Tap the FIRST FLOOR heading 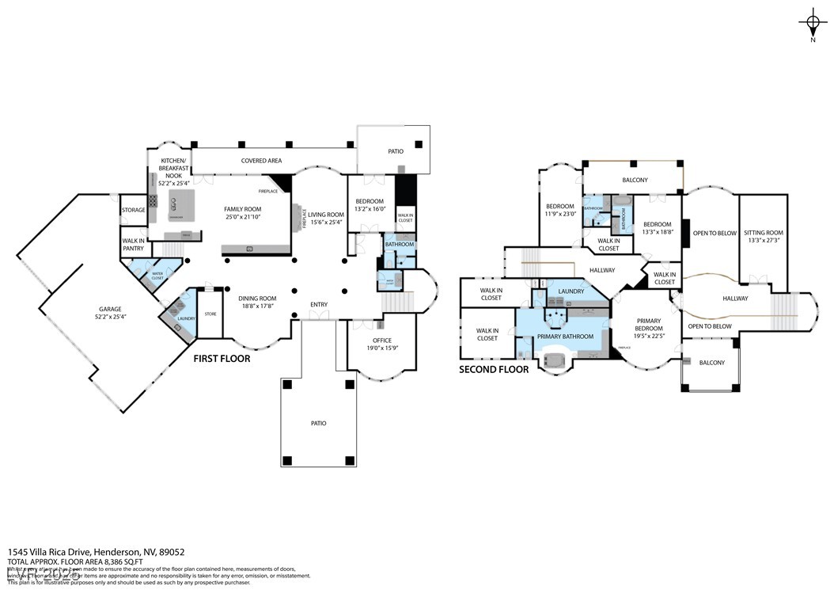coord(222,359)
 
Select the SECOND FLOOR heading coord(494,370)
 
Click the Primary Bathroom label coord(565,337)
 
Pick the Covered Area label coord(261,161)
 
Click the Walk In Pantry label coord(133,245)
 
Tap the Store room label coord(210,314)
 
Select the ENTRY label coord(318,304)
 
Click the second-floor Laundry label coord(571,291)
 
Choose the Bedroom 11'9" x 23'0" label coord(559,210)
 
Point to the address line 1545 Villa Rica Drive coord(97,552)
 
